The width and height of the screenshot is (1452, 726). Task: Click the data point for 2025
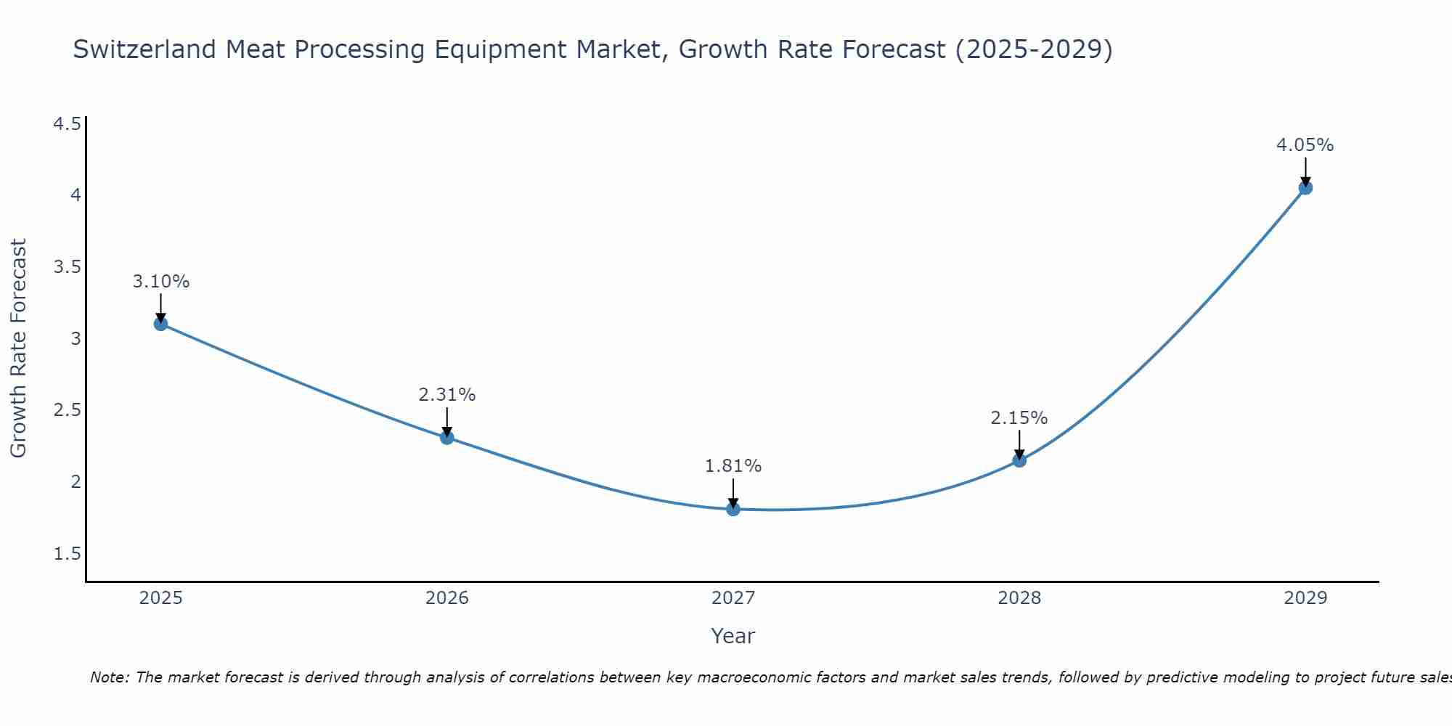pyautogui.click(x=161, y=324)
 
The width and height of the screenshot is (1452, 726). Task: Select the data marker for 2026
pyautogui.click(x=447, y=437)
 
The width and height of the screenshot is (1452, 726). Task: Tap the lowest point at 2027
pyautogui.click(x=733, y=509)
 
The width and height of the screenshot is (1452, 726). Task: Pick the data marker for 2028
pyautogui.click(x=1019, y=460)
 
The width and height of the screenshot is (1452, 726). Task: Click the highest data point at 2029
pyautogui.click(x=1305, y=188)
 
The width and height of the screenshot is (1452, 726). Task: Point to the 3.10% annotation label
pyautogui.click(x=161, y=282)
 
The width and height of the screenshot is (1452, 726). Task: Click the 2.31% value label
pyautogui.click(x=447, y=395)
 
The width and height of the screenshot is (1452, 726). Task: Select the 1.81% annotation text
pyautogui.click(x=733, y=466)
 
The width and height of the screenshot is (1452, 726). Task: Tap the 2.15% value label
pyautogui.click(x=1019, y=418)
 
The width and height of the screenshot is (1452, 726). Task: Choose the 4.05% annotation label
pyautogui.click(x=1305, y=145)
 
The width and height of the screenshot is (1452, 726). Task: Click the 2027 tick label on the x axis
pyautogui.click(x=733, y=598)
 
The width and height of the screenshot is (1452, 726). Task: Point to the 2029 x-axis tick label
pyautogui.click(x=1305, y=598)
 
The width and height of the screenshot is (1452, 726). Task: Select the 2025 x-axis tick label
pyautogui.click(x=161, y=598)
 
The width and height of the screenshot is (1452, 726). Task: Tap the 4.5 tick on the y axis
pyautogui.click(x=67, y=124)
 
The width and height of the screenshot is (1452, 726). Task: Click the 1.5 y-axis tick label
pyautogui.click(x=67, y=554)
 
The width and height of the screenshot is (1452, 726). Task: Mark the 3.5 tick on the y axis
pyautogui.click(x=67, y=267)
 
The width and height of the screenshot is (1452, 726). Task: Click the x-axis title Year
pyautogui.click(x=733, y=636)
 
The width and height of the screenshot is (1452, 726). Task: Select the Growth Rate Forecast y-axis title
pyautogui.click(x=18, y=348)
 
